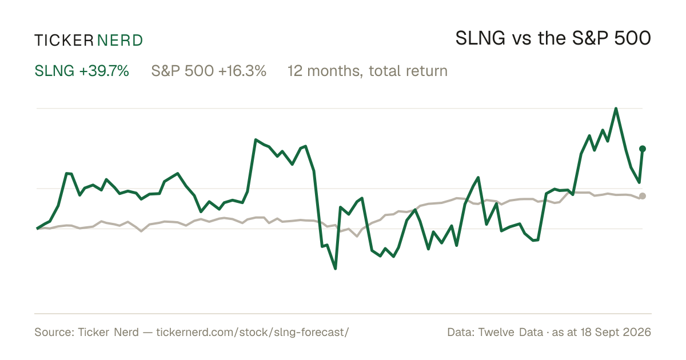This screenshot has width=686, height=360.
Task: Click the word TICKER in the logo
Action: point(64,41)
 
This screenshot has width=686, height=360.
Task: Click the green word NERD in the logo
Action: point(120,41)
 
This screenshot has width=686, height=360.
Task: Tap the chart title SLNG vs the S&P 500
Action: point(553,38)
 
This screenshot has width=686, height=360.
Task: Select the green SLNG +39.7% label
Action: point(82,71)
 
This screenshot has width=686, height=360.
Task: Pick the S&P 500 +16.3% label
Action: point(209,71)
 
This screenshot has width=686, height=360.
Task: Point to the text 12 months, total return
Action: point(368,71)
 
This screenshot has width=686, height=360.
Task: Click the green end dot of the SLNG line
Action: point(643,149)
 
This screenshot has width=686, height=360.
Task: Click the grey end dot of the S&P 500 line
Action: point(643,196)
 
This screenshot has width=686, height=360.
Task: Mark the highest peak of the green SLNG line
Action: point(616,109)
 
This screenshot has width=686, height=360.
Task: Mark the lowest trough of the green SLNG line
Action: point(336,269)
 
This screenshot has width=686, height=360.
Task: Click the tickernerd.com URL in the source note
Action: point(253,332)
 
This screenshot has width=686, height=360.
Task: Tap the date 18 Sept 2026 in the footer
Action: point(616,332)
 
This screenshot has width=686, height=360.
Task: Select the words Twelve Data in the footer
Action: point(510,332)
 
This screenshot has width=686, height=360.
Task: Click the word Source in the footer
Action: point(53,332)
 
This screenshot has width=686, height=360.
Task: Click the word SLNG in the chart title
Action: point(480,38)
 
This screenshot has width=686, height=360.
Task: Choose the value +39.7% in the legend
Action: point(104,71)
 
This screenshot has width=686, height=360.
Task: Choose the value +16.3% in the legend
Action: point(242,71)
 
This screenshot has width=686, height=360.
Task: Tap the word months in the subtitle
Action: point(335,71)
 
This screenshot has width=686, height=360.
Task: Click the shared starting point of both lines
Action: point(37,229)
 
